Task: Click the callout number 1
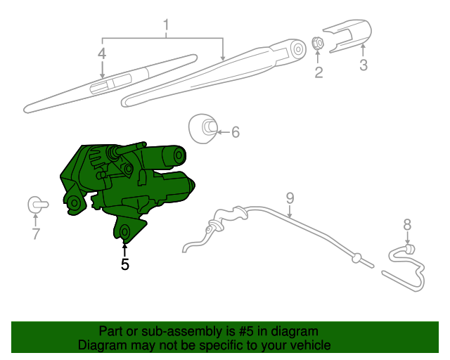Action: click(x=166, y=27)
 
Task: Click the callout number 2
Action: click(x=319, y=72)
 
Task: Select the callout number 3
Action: click(x=363, y=66)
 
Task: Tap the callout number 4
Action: click(x=102, y=53)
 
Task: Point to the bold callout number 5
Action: click(x=124, y=264)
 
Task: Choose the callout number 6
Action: click(x=236, y=131)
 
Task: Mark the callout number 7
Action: click(x=36, y=234)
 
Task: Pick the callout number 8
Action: click(x=406, y=225)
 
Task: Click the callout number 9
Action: click(x=289, y=198)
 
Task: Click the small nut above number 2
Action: click(x=317, y=44)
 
